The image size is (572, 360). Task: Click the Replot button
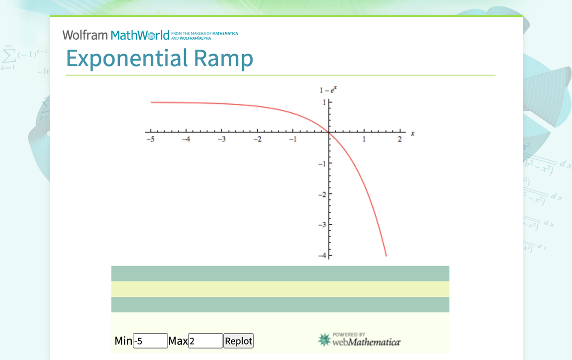(239, 341)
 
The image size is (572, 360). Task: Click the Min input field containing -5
(150, 341)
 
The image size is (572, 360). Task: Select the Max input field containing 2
(205, 341)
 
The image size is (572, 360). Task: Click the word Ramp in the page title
(223, 58)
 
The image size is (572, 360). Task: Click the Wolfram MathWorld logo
(116, 35)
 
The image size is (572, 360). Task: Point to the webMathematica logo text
(367, 342)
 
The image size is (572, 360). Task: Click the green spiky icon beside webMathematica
(324, 340)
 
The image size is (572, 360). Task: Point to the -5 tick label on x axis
(150, 140)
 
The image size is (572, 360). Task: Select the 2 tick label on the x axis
(399, 140)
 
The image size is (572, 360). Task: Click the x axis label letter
(412, 133)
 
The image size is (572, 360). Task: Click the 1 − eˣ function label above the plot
(328, 90)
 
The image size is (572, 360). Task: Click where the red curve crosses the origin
(329, 132)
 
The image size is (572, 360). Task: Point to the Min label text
(123, 341)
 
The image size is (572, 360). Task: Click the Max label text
(178, 341)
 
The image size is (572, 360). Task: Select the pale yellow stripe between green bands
(280, 289)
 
